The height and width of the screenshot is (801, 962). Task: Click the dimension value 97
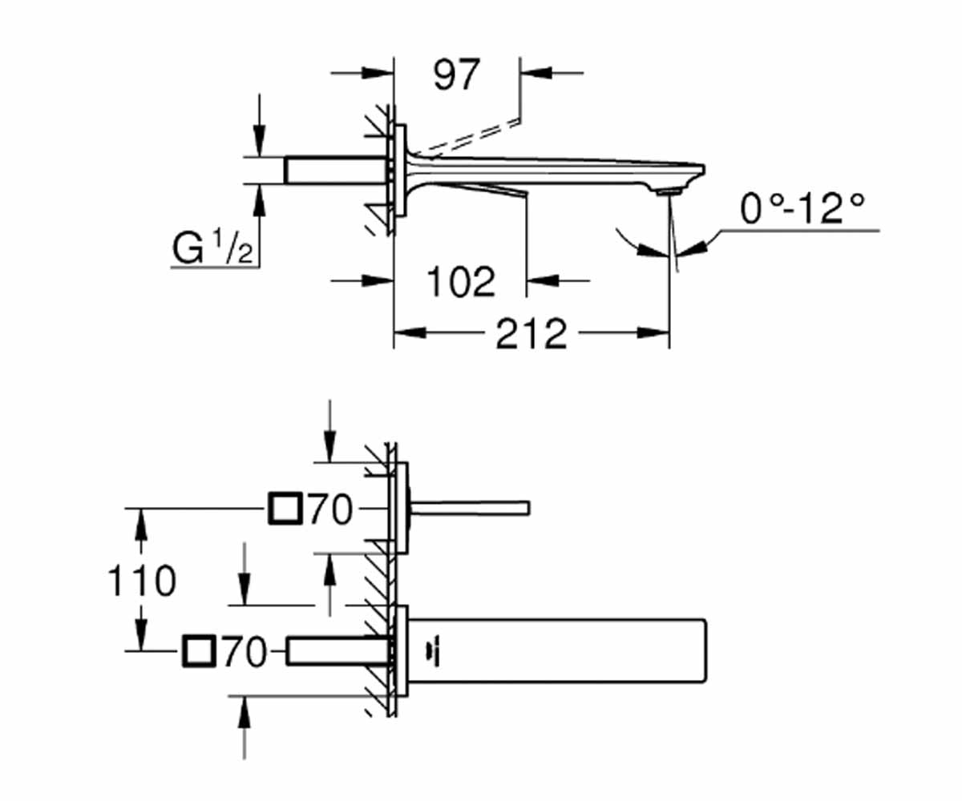457,74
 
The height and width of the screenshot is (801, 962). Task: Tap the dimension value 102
461,281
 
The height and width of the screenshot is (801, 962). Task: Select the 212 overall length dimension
531,333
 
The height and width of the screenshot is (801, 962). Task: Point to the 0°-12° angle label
802,208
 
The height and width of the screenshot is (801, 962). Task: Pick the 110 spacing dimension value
141,581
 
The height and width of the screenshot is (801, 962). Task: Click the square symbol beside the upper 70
285,508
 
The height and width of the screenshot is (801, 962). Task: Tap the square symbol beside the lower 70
200,650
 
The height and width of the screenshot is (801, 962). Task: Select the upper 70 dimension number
330,509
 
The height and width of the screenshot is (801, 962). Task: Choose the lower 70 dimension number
245,651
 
